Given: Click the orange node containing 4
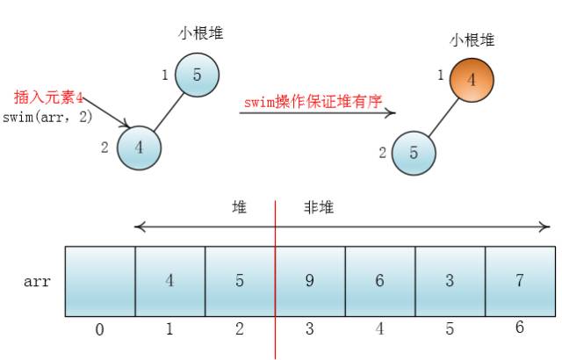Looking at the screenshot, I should [x=471, y=80].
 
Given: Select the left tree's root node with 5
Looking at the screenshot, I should [x=197, y=75].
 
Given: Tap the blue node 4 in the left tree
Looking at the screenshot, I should [x=139, y=147].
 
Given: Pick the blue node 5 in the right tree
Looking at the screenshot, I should [x=413, y=152].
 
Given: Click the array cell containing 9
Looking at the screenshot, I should [x=310, y=281].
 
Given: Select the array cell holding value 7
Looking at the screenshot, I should [x=519, y=281].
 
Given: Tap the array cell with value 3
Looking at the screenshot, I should [x=449, y=281].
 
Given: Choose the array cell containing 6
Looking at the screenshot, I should [x=379, y=281].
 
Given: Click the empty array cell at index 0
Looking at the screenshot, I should [x=100, y=281].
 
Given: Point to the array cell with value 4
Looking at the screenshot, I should [x=169, y=281].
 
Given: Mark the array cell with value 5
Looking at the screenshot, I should [x=240, y=281].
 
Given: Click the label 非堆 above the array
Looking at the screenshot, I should [x=319, y=208].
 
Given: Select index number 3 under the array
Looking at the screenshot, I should [x=310, y=329].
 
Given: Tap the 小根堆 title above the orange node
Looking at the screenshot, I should [x=472, y=40].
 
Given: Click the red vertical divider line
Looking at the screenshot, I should [x=275, y=263].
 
